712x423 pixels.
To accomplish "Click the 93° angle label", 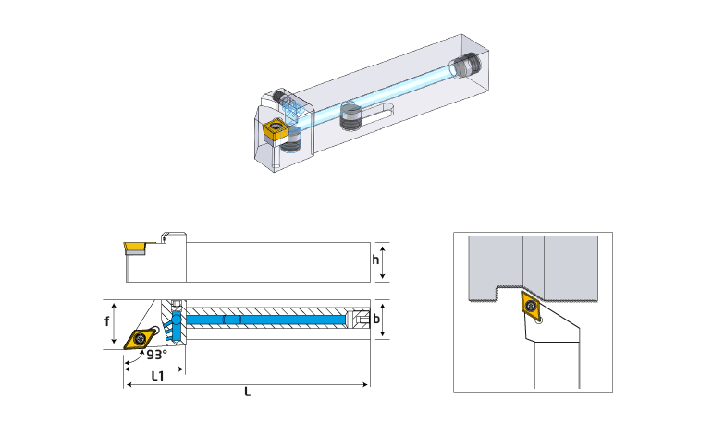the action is (156, 355).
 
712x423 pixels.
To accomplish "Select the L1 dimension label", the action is (157, 376).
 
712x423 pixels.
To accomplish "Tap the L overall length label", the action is (247, 392).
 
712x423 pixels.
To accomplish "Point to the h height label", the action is (375, 260).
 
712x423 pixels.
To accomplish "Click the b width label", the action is (376, 320).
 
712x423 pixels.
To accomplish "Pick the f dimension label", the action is (106, 321).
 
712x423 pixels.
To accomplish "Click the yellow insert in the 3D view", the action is (274, 128).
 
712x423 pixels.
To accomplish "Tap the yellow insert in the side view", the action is (135, 248).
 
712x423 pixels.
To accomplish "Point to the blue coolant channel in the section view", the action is (266, 320).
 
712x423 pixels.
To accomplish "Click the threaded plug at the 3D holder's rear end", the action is (465, 66).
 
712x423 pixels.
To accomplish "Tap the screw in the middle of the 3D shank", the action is (351, 117).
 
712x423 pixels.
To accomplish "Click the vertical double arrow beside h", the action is (383, 262).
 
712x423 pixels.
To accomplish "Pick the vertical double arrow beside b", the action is (383, 320).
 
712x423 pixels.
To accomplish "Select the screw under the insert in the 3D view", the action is (290, 140).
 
